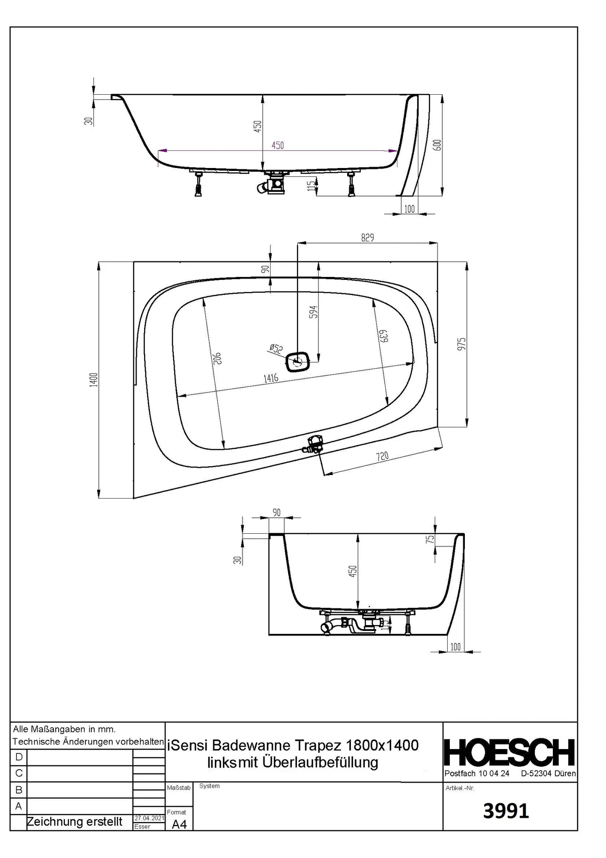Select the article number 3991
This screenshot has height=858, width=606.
point(506,811)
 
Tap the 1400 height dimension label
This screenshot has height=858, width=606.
point(94,380)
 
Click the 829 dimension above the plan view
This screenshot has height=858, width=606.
point(367,238)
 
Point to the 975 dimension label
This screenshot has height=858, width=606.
point(462,344)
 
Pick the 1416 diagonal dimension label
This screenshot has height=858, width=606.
point(271,378)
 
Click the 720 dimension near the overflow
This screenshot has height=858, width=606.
point(382,456)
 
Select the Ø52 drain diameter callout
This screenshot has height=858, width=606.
point(277,348)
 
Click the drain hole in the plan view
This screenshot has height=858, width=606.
point(298,361)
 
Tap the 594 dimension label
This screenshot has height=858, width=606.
point(314,312)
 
